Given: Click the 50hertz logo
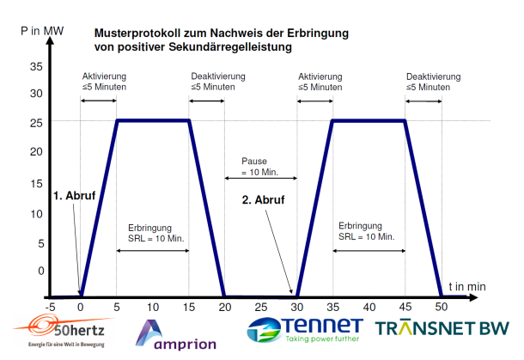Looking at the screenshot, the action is pyautogui.click(x=64, y=331).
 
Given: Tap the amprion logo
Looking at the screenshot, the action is pyautogui.click(x=176, y=335).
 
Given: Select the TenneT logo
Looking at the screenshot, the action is pyautogui.click(x=305, y=330).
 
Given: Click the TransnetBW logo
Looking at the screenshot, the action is pyautogui.click(x=442, y=328).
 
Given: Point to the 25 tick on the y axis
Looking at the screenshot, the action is pyautogui.click(x=36, y=123).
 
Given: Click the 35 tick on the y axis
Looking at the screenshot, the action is pyautogui.click(x=36, y=66).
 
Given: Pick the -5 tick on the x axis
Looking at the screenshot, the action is pyautogui.click(x=50, y=307).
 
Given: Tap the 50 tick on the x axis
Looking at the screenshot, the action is pyautogui.click(x=442, y=307).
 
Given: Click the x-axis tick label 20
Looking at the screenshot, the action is pyautogui.click(x=225, y=307).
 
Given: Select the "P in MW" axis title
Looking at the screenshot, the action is pyautogui.click(x=42, y=31).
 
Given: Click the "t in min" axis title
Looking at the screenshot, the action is pyautogui.click(x=467, y=287).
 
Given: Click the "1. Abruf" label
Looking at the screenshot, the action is pyautogui.click(x=74, y=196).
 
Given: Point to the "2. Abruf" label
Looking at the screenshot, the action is pyautogui.click(x=264, y=200).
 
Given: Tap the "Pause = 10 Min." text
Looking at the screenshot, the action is pyautogui.click(x=259, y=167).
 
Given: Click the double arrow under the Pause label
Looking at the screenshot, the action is pyautogui.click(x=260, y=178).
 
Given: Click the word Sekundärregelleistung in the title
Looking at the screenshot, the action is pyautogui.click(x=230, y=46).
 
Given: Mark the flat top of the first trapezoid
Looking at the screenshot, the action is pyautogui.click(x=153, y=120).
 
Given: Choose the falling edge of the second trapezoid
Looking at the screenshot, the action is pyautogui.click(x=423, y=208).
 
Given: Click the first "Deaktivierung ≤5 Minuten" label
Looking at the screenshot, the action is pyautogui.click(x=218, y=82).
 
